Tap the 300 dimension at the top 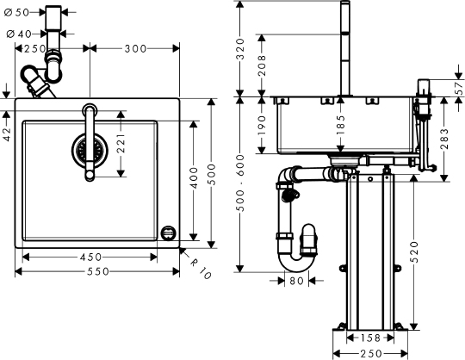(134, 49)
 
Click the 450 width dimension (93, 257)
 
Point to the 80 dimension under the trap (295, 280)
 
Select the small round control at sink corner (169, 233)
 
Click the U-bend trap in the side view (294, 250)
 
